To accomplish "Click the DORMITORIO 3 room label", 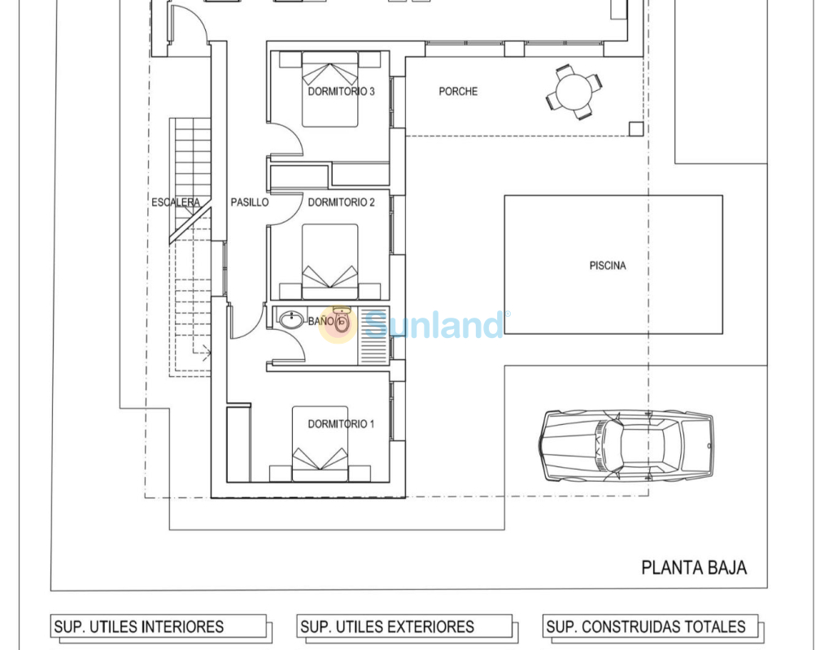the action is (341, 91).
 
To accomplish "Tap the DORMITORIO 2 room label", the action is (341, 202).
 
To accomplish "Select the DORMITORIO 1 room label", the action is (341, 424).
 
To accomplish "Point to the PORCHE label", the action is (458, 91).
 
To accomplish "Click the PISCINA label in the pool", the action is (608, 266).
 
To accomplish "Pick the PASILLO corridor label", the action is (249, 202).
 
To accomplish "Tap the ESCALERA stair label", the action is (176, 202).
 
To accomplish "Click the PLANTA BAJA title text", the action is (694, 568).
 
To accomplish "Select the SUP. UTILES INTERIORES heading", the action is (138, 626).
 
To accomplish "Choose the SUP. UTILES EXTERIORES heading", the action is (386, 626).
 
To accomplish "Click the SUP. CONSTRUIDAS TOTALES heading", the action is (645, 626).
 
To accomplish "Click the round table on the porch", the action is (574, 92).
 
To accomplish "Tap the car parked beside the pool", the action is (626, 446).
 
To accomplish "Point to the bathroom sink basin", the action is (291, 320).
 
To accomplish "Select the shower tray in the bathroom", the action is (374, 336).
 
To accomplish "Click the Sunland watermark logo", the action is (414, 325).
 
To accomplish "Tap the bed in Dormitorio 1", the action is (320, 444).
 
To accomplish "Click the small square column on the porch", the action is (636, 129).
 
